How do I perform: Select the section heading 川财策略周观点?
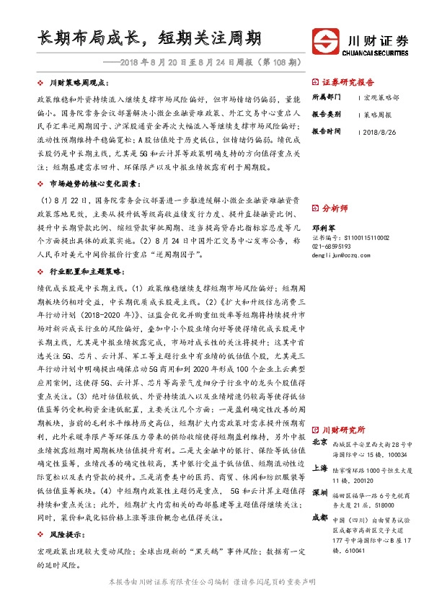(76, 84)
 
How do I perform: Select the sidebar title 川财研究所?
(343, 428)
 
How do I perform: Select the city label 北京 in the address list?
(321, 443)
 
